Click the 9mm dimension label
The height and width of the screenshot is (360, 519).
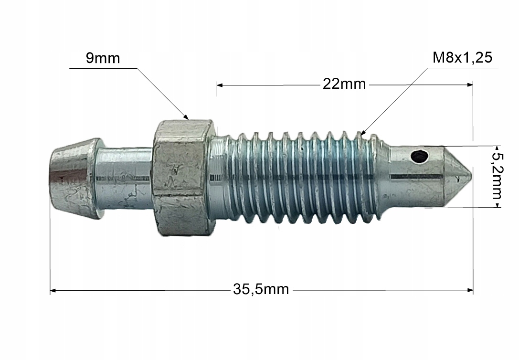(103, 58)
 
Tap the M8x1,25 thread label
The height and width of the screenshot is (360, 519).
(462, 58)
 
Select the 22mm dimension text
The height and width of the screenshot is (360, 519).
(344, 85)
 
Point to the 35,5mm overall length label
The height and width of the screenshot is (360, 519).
(261, 289)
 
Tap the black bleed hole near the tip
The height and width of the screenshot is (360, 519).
(419, 157)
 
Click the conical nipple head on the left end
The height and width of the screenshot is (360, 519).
(74, 179)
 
